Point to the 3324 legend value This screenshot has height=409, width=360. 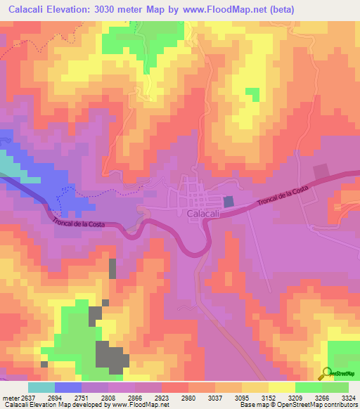point(348,397)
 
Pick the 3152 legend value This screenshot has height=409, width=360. point(268,397)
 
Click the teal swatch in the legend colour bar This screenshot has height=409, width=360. point(41,387)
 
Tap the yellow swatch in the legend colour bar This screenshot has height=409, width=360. point(281,387)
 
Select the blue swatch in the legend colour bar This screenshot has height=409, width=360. point(68,387)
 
